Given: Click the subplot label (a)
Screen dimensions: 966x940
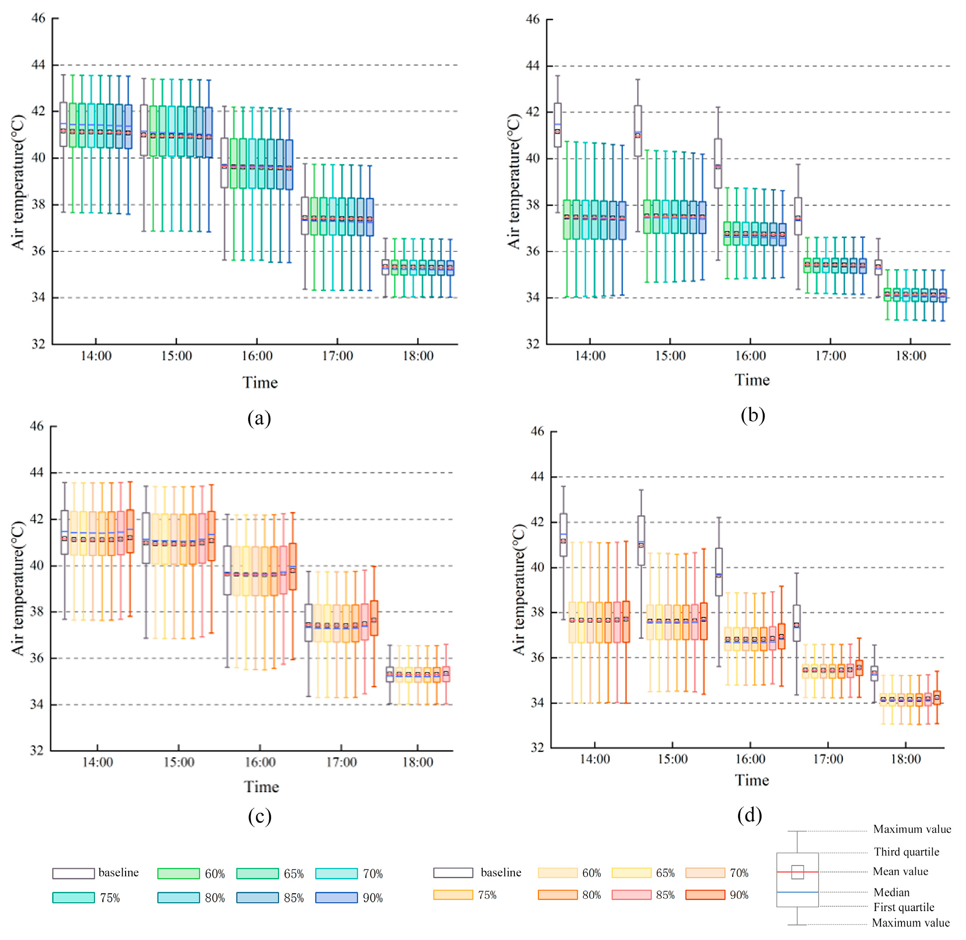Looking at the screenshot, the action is tap(259, 418).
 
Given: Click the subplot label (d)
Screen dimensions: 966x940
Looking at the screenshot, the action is tap(749, 815).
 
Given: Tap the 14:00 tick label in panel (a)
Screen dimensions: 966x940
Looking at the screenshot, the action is tap(96, 356).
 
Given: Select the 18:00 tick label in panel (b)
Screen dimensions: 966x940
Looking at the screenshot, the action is tap(910, 356).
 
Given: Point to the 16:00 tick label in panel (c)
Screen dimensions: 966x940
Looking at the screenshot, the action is tap(260, 762).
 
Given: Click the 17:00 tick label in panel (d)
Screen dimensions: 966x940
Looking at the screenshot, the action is tap(828, 759).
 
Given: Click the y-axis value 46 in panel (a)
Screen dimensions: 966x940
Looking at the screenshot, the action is tap(38, 18).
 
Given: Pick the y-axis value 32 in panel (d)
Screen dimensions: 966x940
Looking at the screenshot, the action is tap(537, 748).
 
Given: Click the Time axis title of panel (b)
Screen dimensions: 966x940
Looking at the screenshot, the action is tap(752, 380).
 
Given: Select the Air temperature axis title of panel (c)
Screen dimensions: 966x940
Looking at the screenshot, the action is tap(18, 588).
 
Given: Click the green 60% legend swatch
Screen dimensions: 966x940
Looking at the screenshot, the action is tap(178, 873).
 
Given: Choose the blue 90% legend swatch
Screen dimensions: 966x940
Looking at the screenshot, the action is tap(336, 897).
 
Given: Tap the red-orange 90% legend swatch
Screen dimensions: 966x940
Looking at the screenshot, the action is tap(705, 895).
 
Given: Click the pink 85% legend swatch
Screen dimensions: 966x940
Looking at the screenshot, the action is tap(631, 895).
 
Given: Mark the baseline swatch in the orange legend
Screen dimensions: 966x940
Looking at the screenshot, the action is tap(453, 873).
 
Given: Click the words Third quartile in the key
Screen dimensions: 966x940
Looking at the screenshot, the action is tap(906, 852).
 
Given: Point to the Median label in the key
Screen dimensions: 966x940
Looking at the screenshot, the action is tap(892, 892).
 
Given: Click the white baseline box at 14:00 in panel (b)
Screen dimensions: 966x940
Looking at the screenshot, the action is tap(558, 125).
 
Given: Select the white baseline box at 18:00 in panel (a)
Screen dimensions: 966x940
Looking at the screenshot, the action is tap(385, 267).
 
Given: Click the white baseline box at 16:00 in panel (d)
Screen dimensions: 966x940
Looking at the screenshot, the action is tap(719, 572).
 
